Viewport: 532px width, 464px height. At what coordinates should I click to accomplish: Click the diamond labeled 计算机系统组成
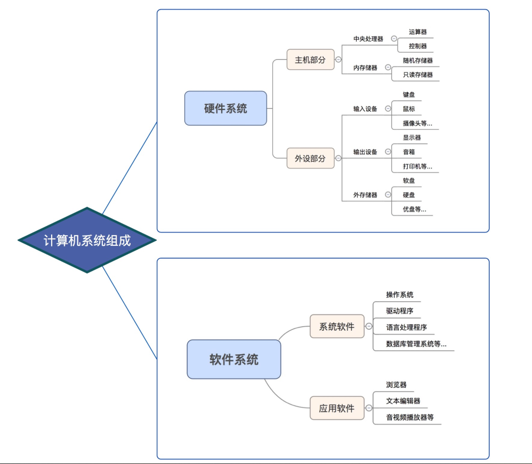87,240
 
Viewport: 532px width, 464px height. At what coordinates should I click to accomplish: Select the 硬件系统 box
225,108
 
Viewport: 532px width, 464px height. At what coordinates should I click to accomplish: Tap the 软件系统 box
233,359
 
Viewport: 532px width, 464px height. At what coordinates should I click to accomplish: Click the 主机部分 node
310,59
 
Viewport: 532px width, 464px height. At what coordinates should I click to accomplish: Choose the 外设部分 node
310,158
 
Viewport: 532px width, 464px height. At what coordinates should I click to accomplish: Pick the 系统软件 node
336,326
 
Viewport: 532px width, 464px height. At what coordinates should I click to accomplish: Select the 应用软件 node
336,408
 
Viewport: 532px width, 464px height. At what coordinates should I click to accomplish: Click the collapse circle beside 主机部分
338,60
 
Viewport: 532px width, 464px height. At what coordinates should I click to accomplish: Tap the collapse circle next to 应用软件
368,409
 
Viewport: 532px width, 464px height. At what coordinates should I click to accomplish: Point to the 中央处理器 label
368,39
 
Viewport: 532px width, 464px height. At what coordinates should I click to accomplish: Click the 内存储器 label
365,68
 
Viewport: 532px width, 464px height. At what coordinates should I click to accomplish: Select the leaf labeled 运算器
417,32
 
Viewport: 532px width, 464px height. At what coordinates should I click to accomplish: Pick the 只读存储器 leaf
418,75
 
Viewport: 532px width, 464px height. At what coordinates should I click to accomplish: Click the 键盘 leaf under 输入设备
409,94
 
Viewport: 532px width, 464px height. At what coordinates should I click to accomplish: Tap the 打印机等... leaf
417,166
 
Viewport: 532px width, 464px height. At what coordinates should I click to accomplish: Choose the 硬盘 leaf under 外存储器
409,195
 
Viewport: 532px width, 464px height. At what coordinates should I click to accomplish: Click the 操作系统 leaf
400,294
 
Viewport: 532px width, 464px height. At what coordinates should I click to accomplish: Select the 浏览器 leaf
396,385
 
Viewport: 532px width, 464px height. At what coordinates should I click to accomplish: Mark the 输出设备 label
365,152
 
